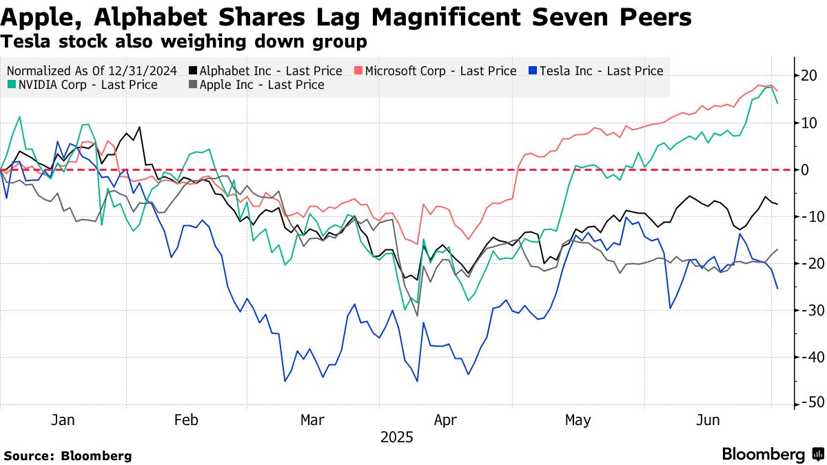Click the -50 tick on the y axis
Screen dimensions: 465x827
click(807, 403)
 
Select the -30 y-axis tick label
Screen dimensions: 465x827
click(807, 310)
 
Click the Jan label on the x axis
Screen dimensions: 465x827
click(63, 420)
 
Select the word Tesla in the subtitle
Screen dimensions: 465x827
click(23, 41)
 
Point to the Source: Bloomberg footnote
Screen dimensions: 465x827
click(67, 455)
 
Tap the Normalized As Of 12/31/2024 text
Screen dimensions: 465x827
click(92, 71)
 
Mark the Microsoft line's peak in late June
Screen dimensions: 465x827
click(759, 85)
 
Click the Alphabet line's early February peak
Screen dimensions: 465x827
click(140, 127)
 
